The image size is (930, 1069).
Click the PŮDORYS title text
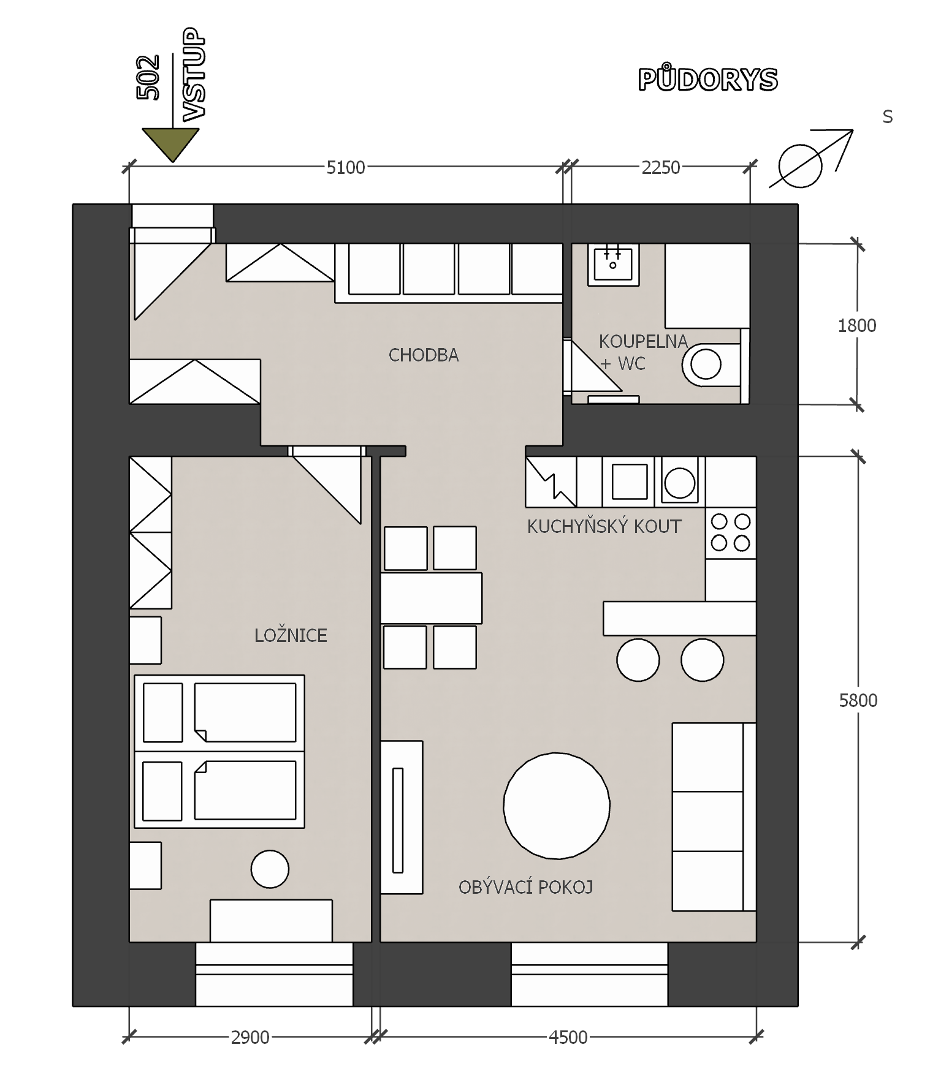(708, 79)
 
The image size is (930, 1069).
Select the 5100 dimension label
(346, 167)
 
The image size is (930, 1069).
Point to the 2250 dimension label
(661, 167)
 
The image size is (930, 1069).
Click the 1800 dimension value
(857, 325)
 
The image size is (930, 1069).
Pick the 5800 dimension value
(858, 700)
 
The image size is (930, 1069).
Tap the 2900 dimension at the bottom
(250, 1037)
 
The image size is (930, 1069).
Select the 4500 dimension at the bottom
(568, 1037)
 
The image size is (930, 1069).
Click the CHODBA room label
(424, 355)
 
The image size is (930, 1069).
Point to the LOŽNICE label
(291, 635)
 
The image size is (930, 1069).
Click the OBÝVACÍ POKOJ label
(526, 886)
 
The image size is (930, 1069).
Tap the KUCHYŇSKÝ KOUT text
(604, 526)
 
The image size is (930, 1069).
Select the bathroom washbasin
(613, 265)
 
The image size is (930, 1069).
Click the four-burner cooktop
(731, 533)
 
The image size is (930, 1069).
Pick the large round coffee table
(557, 806)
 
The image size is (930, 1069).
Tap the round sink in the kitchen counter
(679, 482)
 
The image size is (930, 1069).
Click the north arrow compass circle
(800, 166)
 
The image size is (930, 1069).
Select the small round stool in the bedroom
(270, 869)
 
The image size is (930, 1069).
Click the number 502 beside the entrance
(149, 77)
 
